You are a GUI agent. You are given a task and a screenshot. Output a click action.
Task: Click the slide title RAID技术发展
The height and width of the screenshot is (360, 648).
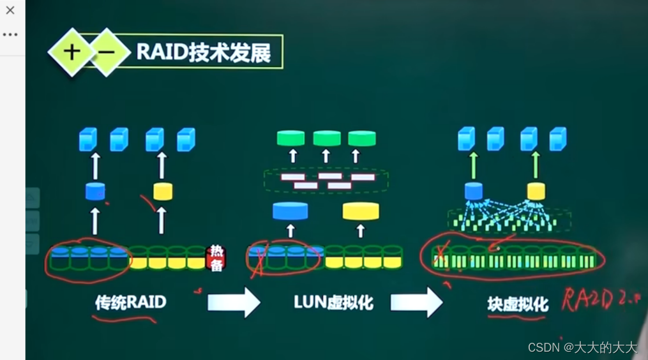[x=204, y=52]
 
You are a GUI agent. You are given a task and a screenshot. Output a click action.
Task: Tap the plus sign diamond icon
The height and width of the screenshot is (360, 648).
[x=72, y=52]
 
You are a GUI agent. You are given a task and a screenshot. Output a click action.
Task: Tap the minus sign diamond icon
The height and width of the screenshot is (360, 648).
[x=106, y=52]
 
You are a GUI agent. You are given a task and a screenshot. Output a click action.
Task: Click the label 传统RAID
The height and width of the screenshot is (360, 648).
[x=130, y=302]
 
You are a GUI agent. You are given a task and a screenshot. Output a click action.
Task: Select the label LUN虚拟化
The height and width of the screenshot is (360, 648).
[x=333, y=302]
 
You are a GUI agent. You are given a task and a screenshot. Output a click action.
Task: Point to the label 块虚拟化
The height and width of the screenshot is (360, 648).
[x=517, y=304]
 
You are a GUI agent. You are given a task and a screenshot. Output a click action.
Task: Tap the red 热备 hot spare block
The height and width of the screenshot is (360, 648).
[x=216, y=258]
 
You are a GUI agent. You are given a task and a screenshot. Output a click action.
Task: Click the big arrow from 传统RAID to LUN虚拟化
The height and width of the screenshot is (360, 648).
[x=234, y=302]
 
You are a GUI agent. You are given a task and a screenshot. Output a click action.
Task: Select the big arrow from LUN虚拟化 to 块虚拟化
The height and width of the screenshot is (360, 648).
[x=416, y=302]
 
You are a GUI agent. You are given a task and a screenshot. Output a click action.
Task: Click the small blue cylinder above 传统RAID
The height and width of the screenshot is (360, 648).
[x=95, y=191]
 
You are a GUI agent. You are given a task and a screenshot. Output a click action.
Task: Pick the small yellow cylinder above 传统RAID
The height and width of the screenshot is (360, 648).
[x=162, y=191]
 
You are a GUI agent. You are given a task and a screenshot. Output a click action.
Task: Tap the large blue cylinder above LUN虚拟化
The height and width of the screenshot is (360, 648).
[x=290, y=211]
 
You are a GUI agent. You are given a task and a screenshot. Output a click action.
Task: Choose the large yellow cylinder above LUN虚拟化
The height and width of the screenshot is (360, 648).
[x=361, y=211]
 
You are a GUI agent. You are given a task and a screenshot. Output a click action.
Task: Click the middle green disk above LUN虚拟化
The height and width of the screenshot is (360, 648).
[x=326, y=138]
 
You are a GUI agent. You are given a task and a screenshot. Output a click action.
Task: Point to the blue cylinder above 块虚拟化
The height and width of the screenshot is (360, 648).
[x=473, y=190]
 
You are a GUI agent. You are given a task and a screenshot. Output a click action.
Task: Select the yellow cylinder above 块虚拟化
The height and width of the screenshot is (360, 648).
[x=536, y=190]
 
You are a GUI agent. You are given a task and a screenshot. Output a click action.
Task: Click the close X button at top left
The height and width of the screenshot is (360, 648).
[x=10, y=10]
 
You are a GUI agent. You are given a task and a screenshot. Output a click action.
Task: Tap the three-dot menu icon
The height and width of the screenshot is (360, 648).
[x=10, y=34]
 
